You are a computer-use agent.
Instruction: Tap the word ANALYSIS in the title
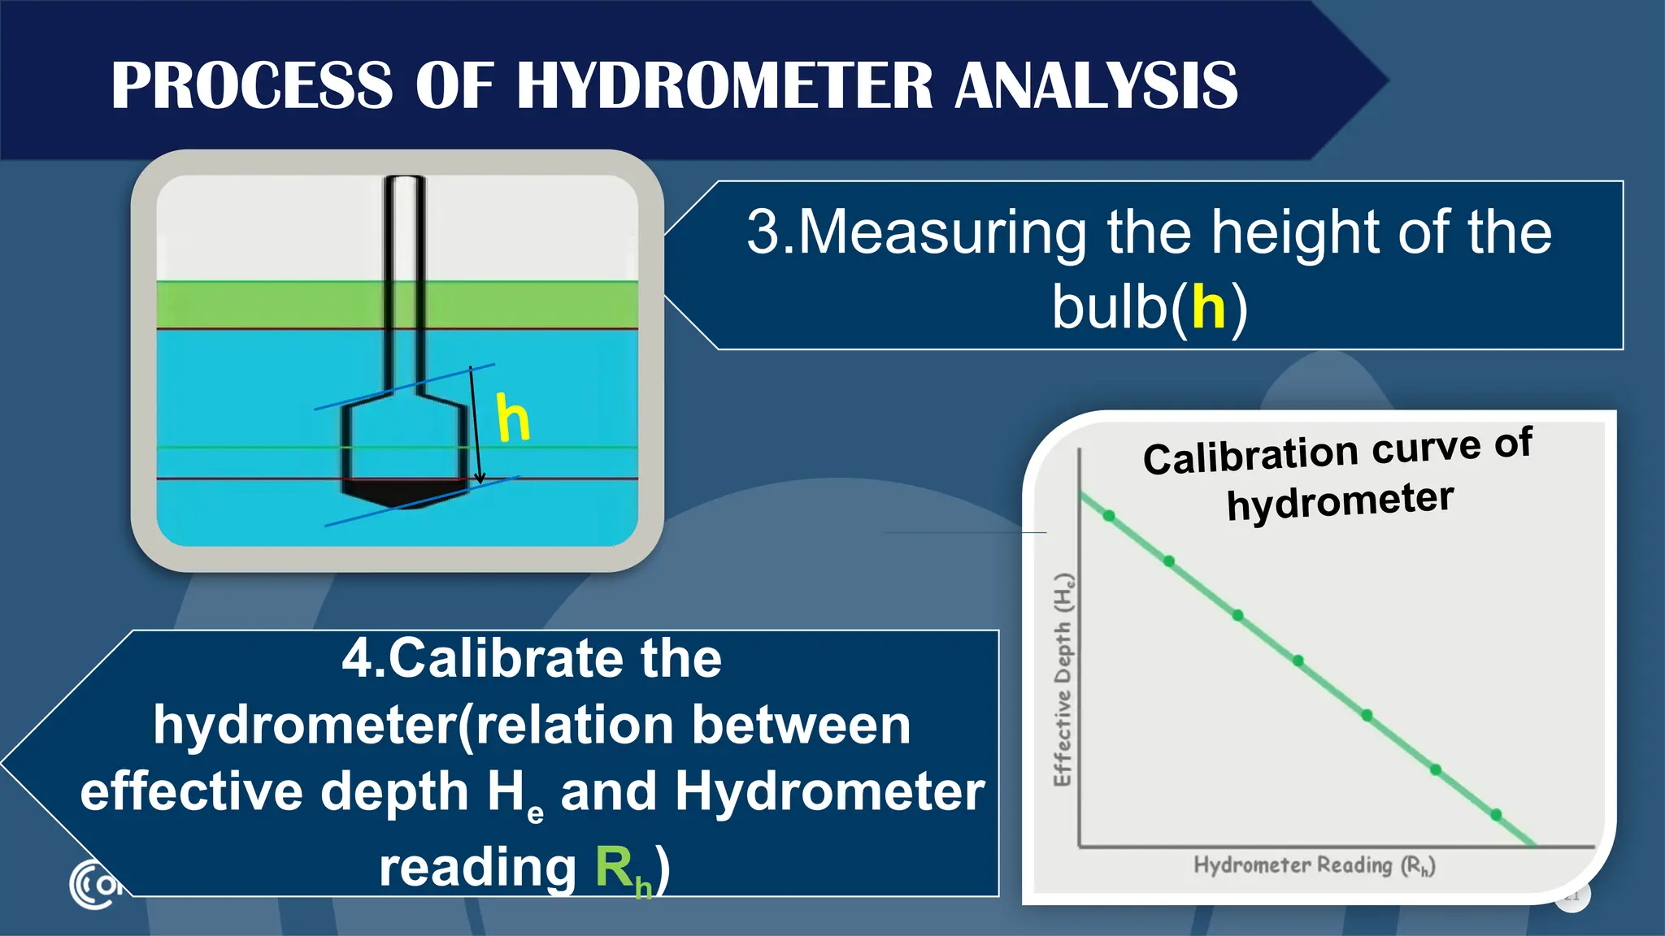[x=1096, y=85]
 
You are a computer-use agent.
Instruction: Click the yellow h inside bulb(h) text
[x=1208, y=308]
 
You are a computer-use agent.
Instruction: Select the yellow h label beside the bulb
[x=513, y=418]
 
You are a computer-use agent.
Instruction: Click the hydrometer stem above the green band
[x=403, y=227]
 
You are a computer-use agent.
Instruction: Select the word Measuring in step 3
[x=943, y=233]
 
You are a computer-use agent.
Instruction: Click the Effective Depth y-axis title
[x=1063, y=679]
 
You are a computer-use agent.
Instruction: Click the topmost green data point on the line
[x=1109, y=516]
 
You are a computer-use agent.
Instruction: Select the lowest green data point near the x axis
[x=1496, y=814]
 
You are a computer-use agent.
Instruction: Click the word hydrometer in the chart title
[x=1340, y=501]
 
